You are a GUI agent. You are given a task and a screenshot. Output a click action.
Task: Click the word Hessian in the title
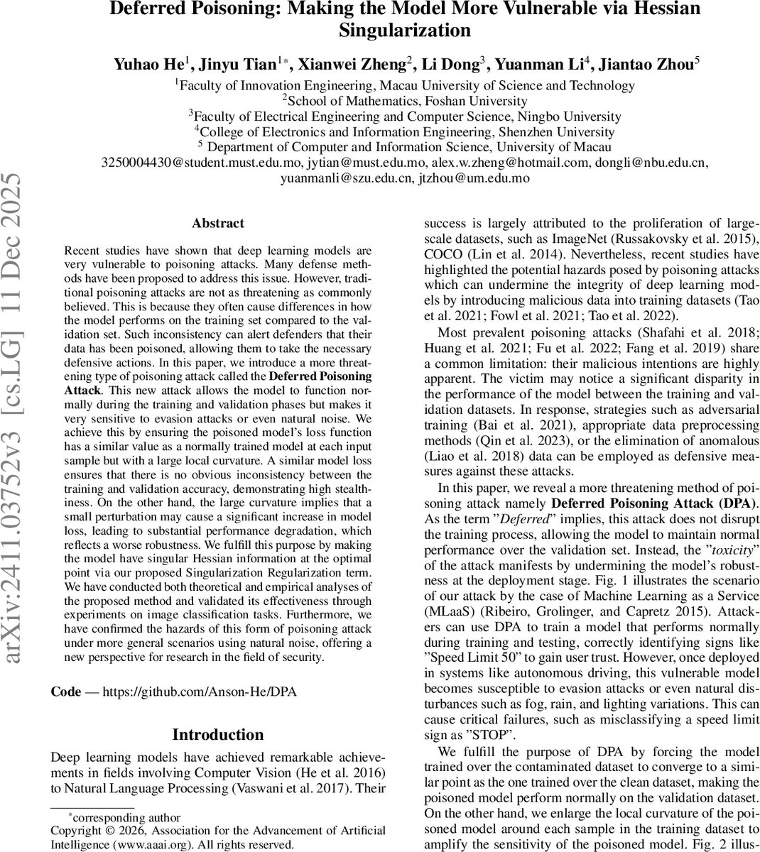[x=658, y=9]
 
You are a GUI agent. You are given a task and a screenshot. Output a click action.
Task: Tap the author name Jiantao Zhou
[x=646, y=65]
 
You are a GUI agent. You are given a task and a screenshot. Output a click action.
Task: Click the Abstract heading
[x=218, y=223]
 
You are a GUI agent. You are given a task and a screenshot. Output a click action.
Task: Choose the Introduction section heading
[x=218, y=734]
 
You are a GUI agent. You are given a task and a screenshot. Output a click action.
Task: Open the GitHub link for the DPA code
[x=200, y=692]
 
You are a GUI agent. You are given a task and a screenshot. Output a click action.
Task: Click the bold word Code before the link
[x=66, y=692]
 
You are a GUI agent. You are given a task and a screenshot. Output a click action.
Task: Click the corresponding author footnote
[x=124, y=817]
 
